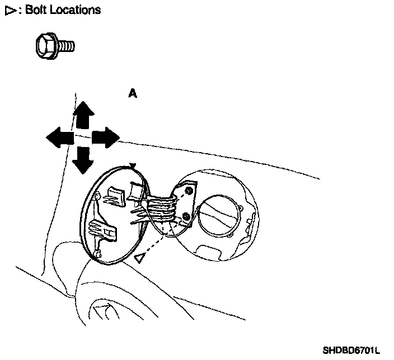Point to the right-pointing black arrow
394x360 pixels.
pyautogui.click(x=106, y=136)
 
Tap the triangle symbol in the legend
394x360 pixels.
pyautogui.click(x=9, y=10)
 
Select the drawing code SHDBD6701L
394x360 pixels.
pyautogui.click(x=351, y=351)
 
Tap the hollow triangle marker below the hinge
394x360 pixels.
pyautogui.click(x=139, y=257)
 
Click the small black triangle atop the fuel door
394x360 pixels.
pyautogui.click(x=133, y=165)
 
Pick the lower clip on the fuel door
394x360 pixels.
pyautogui.click(x=102, y=230)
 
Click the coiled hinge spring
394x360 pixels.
pyautogui.click(x=163, y=210)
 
